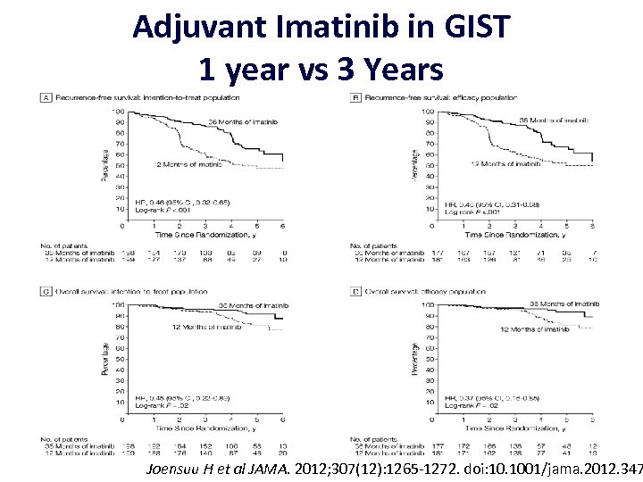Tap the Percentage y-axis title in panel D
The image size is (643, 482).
point(413,358)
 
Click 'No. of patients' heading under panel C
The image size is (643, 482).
point(65,437)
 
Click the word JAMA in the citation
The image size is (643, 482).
point(280,468)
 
